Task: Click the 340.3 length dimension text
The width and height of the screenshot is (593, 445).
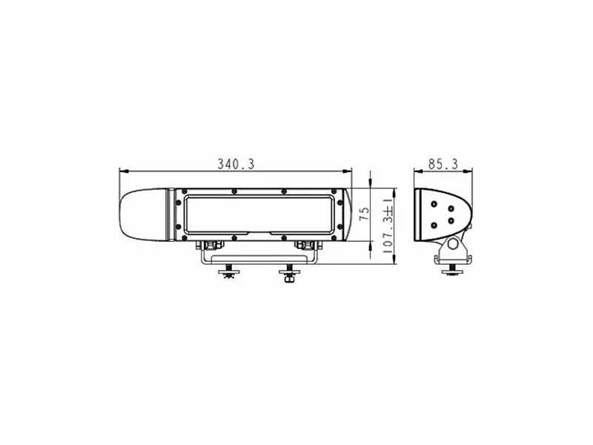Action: tap(236, 164)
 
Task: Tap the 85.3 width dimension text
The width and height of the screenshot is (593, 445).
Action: tap(443, 164)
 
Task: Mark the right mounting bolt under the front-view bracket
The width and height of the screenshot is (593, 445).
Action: tap(288, 274)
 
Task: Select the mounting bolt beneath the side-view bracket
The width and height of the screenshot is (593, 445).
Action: tap(452, 271)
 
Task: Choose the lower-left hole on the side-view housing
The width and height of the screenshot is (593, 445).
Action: tap(434, 225)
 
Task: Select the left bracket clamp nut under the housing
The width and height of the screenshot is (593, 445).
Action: tap(210, 244)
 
